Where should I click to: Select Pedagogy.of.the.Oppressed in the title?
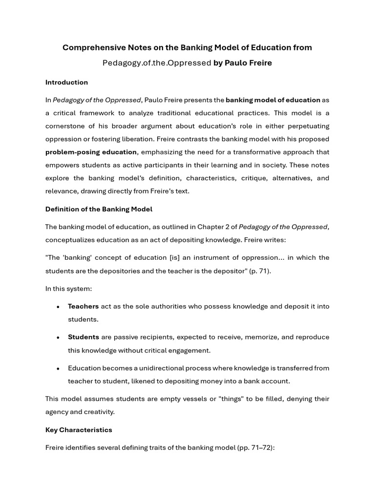click(157, 63)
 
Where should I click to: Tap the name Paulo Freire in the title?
click(249, 63)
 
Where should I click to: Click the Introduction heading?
click(66, 83)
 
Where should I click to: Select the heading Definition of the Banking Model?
click(99, 209)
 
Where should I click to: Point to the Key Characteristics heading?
click(79, 430)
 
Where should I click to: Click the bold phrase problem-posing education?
click(91, 152)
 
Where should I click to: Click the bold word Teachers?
click(83, 307)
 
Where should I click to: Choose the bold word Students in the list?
click(83, 337)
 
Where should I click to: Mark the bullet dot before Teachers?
click(58, 307)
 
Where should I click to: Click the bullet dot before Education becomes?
click(58, 369)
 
